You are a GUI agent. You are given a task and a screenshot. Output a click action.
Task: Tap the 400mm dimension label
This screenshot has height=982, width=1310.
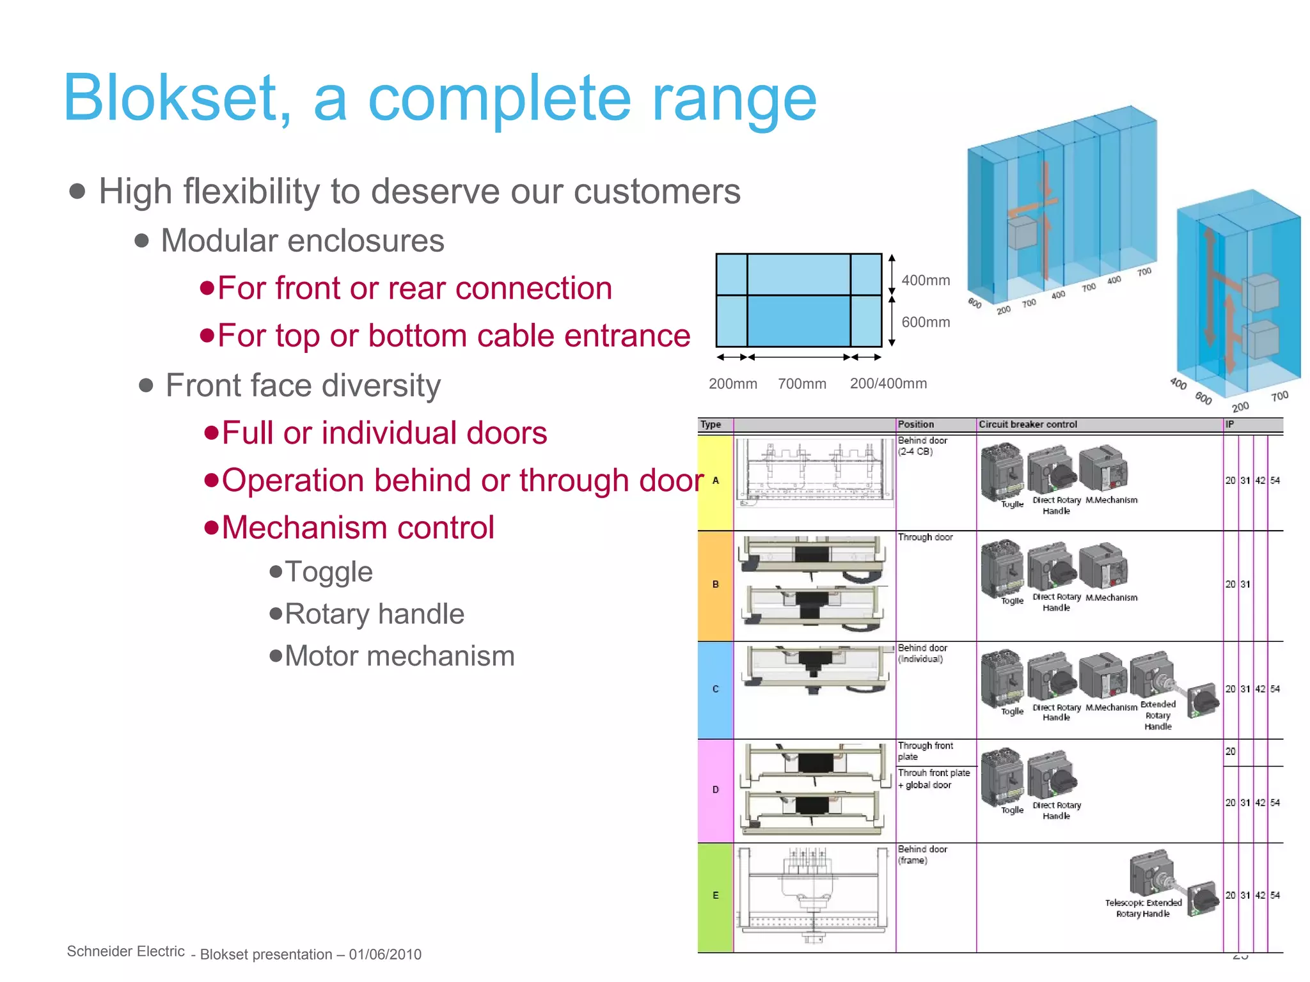(x=926, y=281)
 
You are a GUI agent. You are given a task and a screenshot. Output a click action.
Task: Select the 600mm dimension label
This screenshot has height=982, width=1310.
(x=926, y=322)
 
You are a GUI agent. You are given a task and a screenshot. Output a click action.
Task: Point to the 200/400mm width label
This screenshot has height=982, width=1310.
(x=888, y=384)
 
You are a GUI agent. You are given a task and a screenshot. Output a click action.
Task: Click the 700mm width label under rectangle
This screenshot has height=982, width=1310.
(x=801, y=384)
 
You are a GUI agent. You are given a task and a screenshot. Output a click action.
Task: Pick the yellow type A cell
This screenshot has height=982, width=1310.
(x=715, y=481)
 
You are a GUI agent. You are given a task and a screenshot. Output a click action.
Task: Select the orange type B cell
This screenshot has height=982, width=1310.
(x=715, y=584)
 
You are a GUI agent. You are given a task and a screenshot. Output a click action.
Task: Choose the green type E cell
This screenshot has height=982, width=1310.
(x=715, y=896)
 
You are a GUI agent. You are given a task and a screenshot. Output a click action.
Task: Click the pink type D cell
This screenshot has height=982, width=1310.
(x=715, y=790)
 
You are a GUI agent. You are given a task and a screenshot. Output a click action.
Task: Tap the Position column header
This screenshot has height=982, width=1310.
(x=915, y=425)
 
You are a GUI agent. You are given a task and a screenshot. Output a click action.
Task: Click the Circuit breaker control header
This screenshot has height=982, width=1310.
(x=1027, y=425)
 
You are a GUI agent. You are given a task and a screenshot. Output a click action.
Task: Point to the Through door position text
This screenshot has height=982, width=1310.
(x=925, y=538)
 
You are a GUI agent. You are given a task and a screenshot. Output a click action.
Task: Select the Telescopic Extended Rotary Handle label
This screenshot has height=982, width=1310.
(x=1143, y=908)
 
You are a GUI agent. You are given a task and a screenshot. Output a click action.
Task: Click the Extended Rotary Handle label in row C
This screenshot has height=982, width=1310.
(x=1158, y=715)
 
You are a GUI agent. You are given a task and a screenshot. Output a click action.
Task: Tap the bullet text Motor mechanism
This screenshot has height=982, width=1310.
(x=399, y=656)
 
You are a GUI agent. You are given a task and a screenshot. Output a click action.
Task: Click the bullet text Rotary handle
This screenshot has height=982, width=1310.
(x=374, y=614)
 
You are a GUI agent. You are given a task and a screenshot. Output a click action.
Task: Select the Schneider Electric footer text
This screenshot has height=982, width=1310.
(x=126, y=951)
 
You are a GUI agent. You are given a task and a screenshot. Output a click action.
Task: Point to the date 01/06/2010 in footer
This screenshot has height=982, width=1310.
(x=385, y=955)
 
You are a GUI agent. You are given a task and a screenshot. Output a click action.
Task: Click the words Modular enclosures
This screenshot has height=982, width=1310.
(x=302, y=241)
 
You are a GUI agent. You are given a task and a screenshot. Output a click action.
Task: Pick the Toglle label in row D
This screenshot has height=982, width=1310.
(x=1012, y=811)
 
